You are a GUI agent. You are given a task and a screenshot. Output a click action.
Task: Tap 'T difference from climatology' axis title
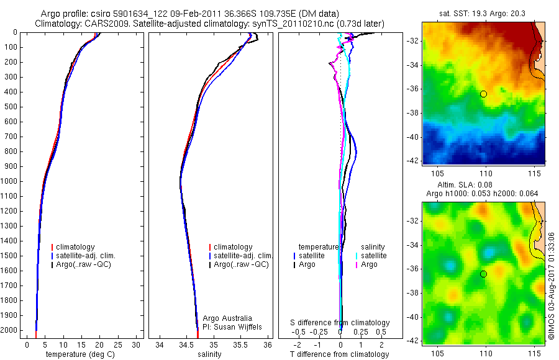click(340, 354)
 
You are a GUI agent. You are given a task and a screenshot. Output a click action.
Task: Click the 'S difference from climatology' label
click(340, 323)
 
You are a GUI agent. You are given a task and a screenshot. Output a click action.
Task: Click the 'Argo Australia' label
click(229, 318)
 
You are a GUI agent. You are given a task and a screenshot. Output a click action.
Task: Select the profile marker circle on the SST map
click(483, 94)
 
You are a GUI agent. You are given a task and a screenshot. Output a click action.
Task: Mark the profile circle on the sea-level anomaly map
click(483, 274)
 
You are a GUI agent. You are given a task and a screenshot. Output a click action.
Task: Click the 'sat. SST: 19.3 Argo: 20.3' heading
click(483, 13)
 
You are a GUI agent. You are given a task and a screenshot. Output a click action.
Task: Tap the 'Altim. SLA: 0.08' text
click(483, 186)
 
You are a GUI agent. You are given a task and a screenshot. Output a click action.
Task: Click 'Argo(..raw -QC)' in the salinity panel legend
click(241, 264)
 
